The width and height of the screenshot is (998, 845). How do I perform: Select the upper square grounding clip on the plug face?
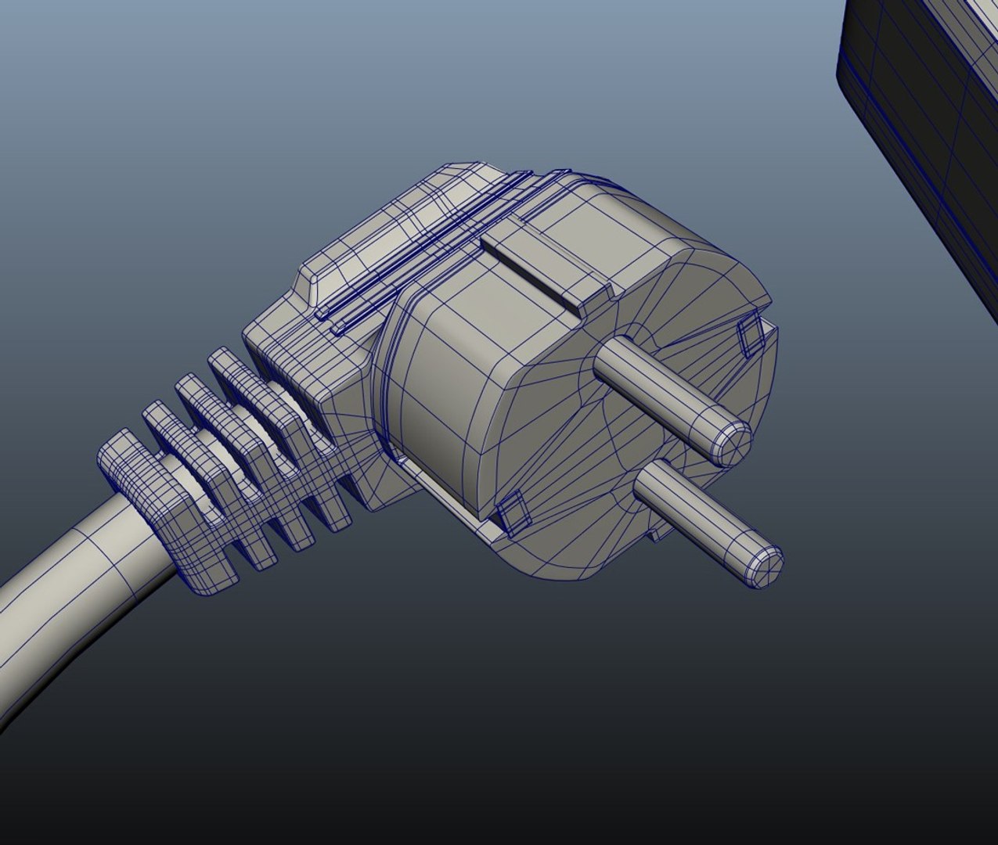pyautogui.click(x=751, y=336)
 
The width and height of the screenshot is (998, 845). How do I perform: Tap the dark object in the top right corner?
pyautogui.click(x=924, y=94)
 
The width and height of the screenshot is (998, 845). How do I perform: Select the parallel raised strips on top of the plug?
pyautogui.click(x=423, y=250)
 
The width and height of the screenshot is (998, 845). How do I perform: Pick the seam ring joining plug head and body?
pyautogui.click(x=387, y=376)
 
